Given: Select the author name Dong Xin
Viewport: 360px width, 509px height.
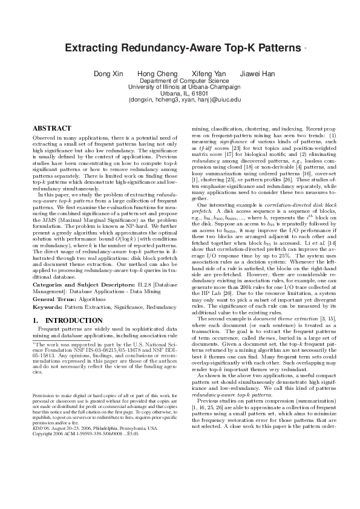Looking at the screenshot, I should coord(107,74).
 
